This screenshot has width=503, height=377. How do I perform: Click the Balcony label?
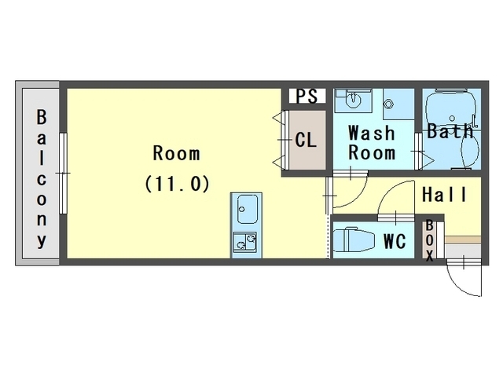point(42,179)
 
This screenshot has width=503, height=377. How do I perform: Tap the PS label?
point(307,96)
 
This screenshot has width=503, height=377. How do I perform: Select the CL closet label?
point(306,140)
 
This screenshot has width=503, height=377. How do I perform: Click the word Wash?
point(372,133)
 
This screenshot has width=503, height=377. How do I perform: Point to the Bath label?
point(450,131)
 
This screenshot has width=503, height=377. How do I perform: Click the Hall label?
point(444,194)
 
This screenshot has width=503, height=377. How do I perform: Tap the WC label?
point(395,241)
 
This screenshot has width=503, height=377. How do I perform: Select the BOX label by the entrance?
point(430,240)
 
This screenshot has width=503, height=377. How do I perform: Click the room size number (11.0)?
point(177,184)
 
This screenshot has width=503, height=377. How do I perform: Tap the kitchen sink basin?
point(247,210)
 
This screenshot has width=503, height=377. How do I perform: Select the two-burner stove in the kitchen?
point(244,242)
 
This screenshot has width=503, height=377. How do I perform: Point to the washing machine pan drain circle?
point(389,104)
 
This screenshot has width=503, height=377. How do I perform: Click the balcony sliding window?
point(63,174)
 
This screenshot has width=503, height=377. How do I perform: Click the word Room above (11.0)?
point(177,154)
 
